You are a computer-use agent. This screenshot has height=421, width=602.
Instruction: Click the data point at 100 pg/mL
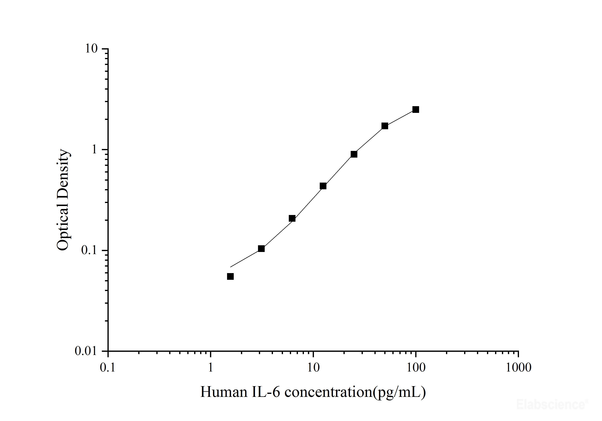pos(416,110)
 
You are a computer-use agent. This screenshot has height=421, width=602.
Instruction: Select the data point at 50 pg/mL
pos(385,126)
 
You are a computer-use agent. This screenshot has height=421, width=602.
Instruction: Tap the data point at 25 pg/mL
pos(354,154)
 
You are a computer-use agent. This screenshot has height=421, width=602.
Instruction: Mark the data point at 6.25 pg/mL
pos(292,218)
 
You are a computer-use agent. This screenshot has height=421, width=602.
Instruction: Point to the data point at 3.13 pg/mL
pos(261,249)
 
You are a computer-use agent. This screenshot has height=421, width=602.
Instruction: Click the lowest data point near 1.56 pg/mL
pos(230,276)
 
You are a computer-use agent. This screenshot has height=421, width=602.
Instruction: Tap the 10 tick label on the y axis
pos(91,49)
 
